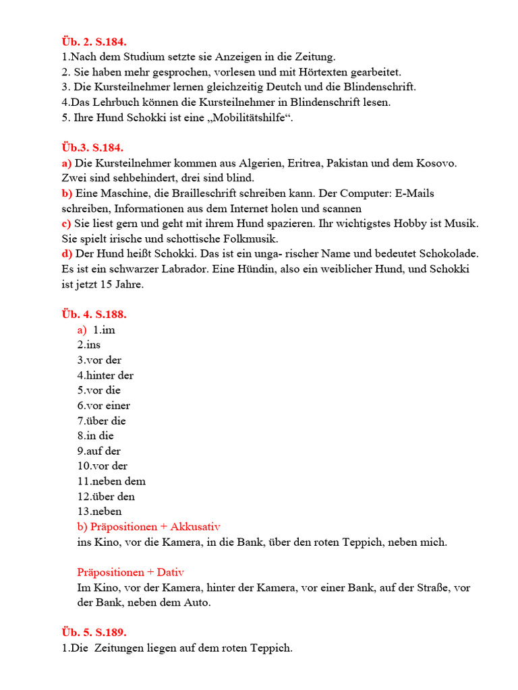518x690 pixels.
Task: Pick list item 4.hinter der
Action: (x=105, y=375)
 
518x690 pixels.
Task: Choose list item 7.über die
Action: (x=101, y=421)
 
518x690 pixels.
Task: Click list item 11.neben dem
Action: (x=111, y=481)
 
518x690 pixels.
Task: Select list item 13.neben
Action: (x=99, y=511)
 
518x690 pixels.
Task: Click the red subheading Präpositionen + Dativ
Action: (x=131, y=572)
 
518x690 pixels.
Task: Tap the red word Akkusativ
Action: (x=196, y=526)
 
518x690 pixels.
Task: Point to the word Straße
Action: (x=428, y=588)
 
